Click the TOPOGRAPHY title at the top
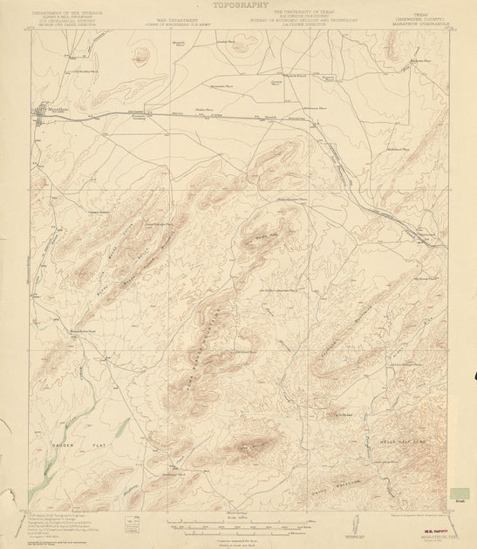236,4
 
